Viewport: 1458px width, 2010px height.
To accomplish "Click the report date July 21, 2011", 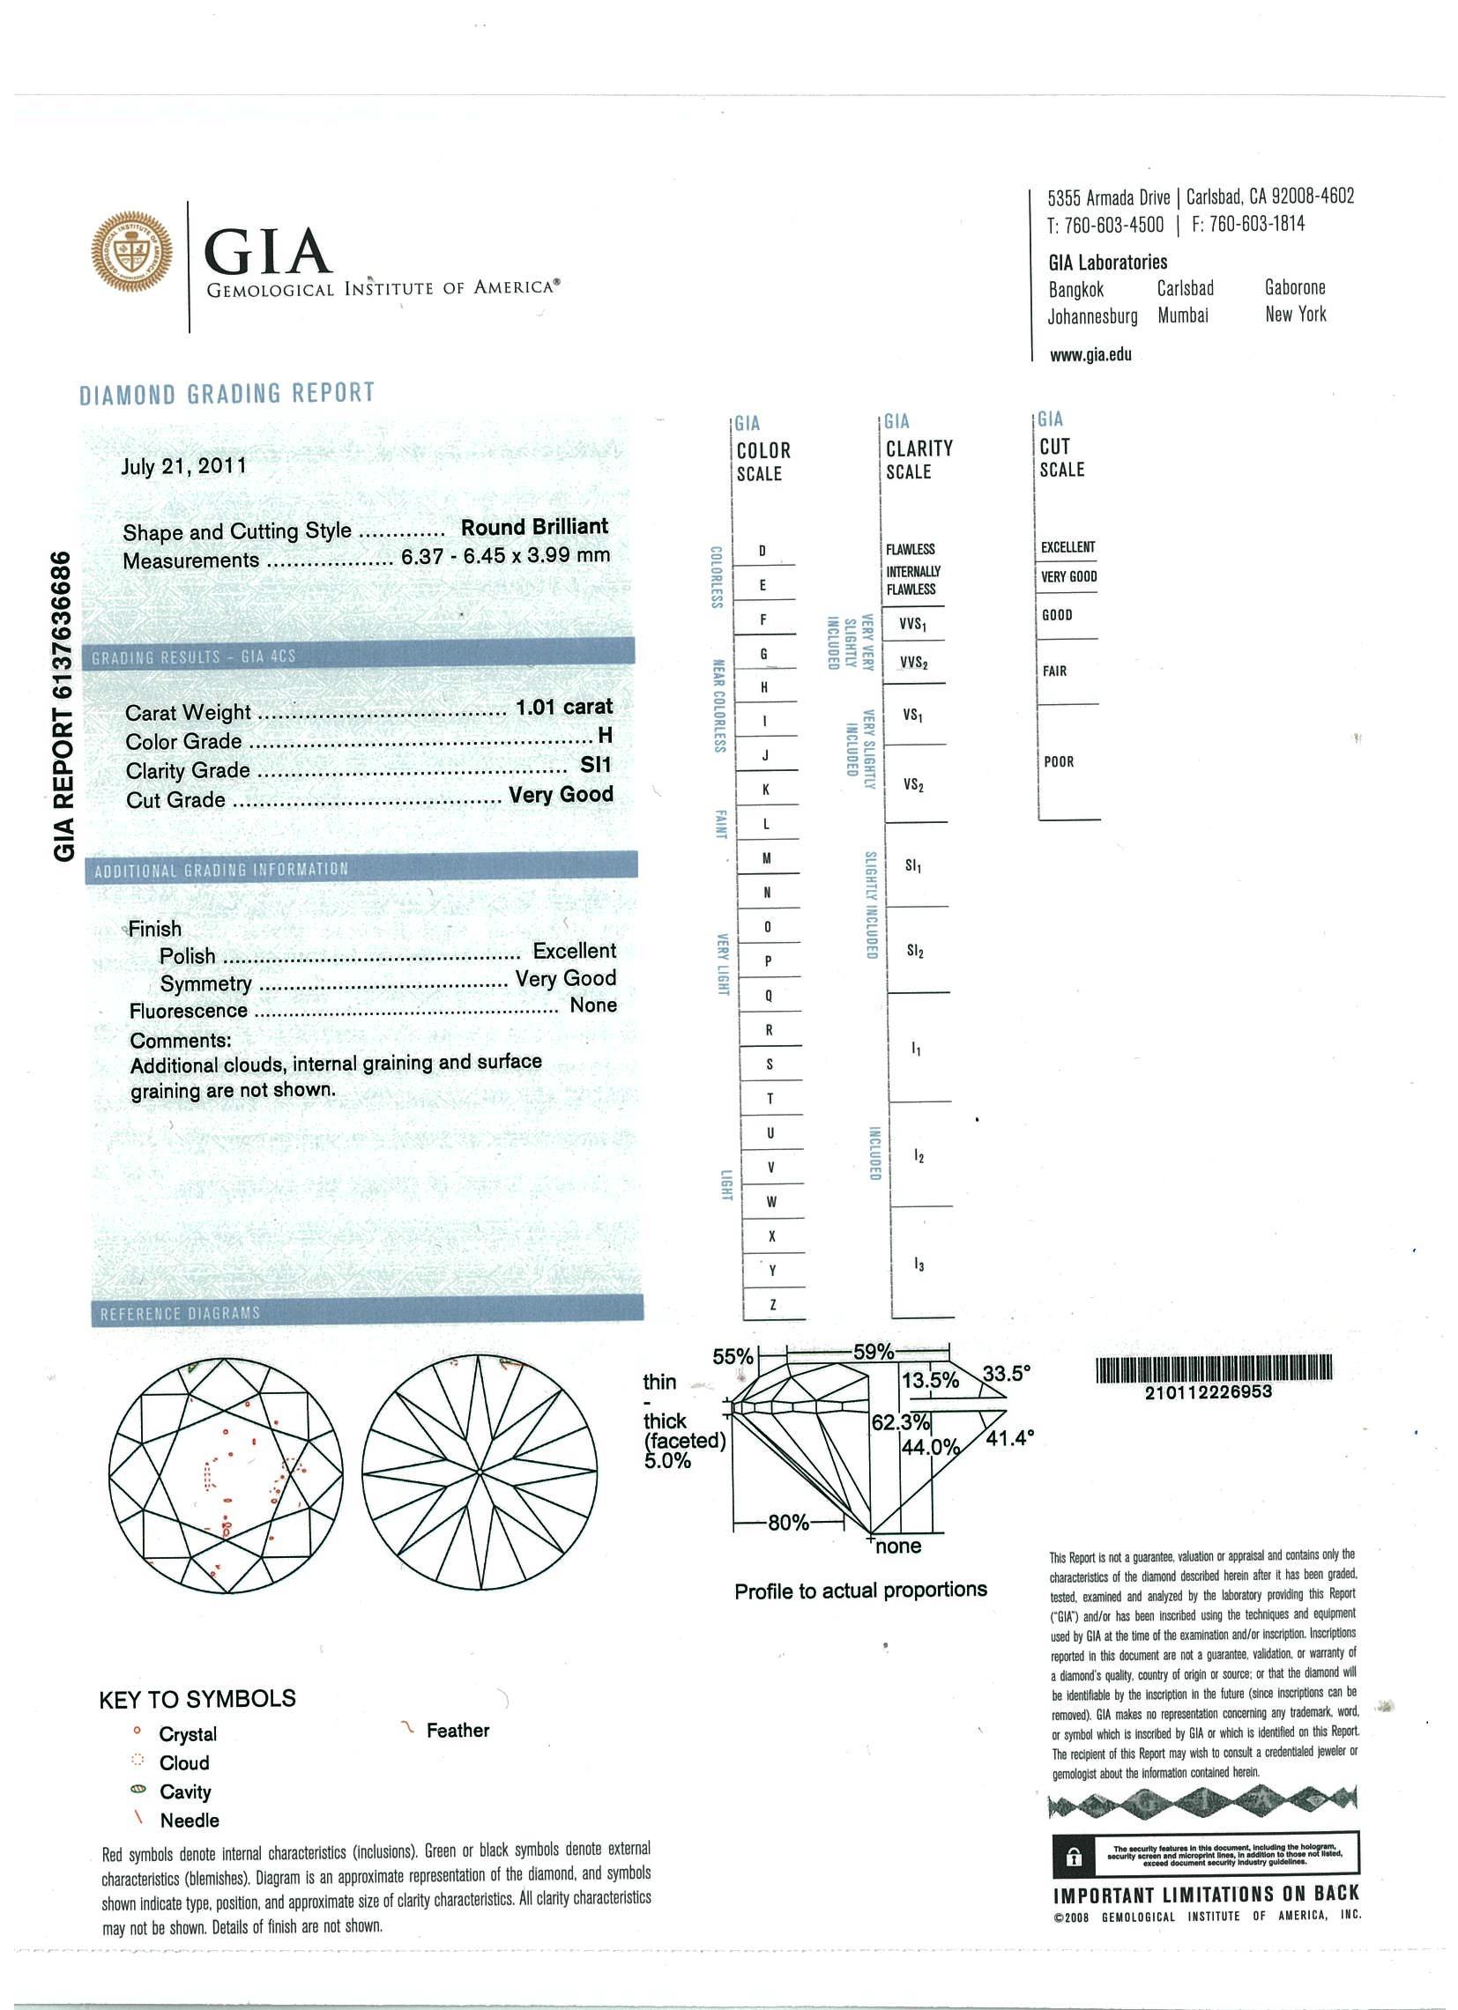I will tap(183, 466).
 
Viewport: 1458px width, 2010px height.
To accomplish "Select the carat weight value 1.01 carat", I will tap(563, 708).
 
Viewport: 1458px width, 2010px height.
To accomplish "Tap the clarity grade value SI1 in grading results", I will tap(596, 765).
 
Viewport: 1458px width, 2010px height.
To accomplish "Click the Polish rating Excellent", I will tap(574, 951).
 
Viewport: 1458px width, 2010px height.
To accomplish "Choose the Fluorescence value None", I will tap(593, 1005).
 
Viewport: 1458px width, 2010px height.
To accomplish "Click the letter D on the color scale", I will tap(763, 552).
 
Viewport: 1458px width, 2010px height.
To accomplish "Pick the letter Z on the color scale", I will tap(773, 1304).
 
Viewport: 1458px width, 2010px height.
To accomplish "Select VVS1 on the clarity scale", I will tap(913, 624).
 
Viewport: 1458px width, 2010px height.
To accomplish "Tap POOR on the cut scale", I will tap(1059, 761).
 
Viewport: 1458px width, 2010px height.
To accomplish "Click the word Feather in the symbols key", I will tap(457, 1730).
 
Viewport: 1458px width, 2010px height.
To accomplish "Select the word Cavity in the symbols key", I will tap(185, 1791).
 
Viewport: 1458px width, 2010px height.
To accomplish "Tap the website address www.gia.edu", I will tap(1090, 355).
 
